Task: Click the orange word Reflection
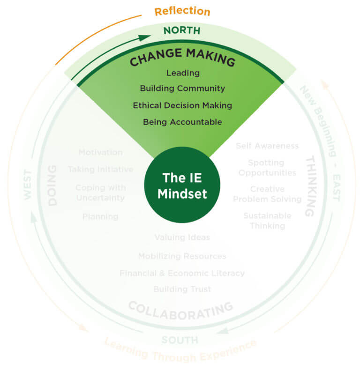182,11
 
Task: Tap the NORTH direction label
182,31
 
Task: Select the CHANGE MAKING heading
182,58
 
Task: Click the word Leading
182,73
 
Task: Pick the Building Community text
182,88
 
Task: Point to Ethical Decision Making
182,105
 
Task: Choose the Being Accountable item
182,122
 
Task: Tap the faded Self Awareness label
267,146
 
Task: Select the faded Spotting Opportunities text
267,168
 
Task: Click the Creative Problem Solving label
267,194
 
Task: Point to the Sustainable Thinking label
267,221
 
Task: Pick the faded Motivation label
100,152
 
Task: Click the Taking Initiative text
100,170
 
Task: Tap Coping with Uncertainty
100,192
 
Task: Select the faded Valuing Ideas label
182,237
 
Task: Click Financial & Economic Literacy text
182,273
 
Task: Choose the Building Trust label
182,289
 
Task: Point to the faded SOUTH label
180,340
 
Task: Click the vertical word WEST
27,185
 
